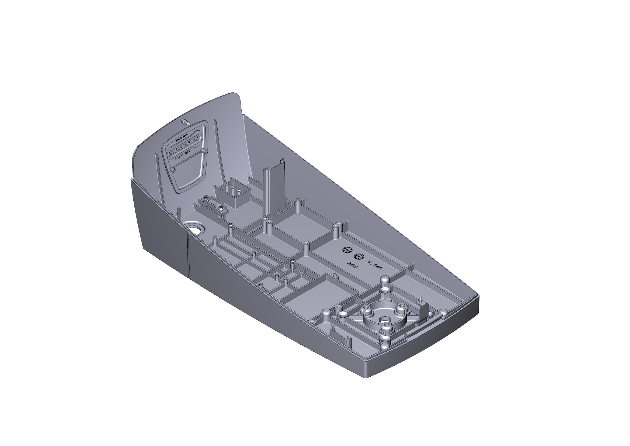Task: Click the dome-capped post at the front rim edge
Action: point(444,313)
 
